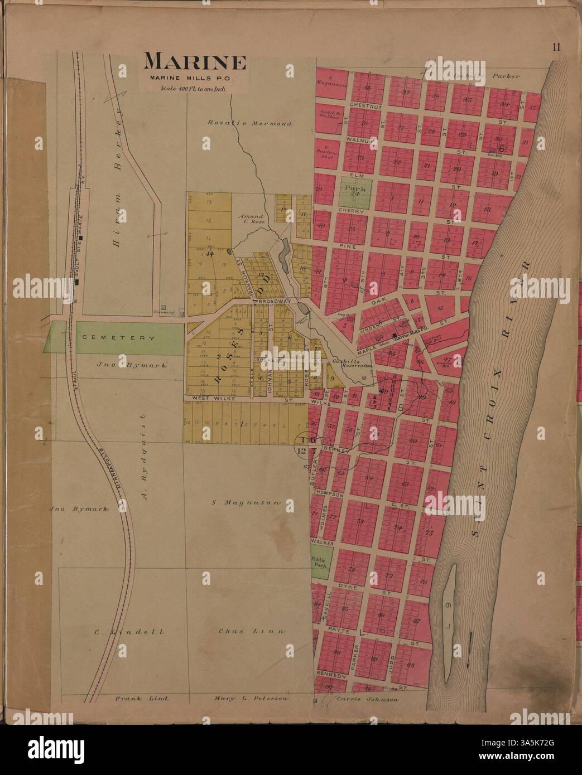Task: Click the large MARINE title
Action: click(195, 62)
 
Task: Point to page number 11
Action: click(556, 47)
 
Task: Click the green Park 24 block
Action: click(354, 194)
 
